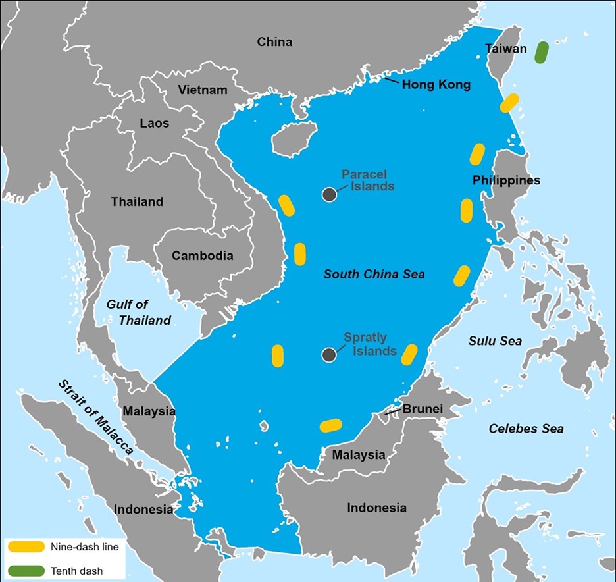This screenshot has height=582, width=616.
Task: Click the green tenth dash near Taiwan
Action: click(542, 53)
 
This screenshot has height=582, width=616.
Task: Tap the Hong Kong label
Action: click(436, 85)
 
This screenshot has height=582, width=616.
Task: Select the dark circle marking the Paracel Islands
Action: click(329, 194)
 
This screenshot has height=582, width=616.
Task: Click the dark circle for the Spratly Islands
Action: click(329, 355)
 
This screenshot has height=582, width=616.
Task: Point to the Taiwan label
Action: click(506, 49)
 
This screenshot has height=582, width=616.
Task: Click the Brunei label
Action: click(423, 410)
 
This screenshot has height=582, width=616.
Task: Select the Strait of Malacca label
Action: click(95, 419)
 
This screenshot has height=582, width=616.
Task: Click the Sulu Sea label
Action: click(495, 340)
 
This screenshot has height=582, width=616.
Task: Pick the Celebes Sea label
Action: click(526, 429)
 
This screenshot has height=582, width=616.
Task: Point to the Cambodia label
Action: click(203, 255)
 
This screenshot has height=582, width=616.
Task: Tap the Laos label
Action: click(155, 123)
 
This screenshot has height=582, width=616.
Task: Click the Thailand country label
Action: click(137, 201)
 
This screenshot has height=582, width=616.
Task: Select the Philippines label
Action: click(506, 180)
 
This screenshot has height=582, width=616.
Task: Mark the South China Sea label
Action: click(374, 274)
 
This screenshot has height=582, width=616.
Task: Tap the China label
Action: click(274, 42)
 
